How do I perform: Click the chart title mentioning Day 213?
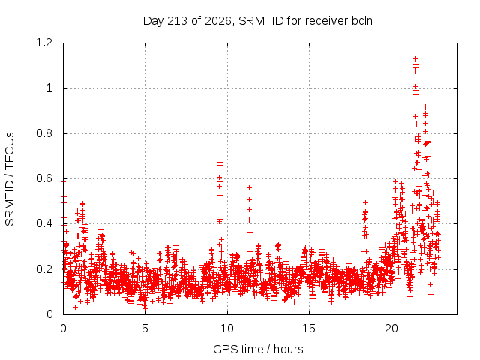[258, 21]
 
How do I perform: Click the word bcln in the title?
[361, 21]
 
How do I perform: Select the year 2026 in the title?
[217, 21]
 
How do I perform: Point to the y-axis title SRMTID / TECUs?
[10, 179]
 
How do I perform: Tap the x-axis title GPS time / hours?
[258, 349]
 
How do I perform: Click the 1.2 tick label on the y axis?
[44, 43]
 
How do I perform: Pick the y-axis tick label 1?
[49, 88]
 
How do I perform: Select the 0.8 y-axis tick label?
[44, 133]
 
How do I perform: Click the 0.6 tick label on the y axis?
[44, 178]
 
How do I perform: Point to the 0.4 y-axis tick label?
[44, 223]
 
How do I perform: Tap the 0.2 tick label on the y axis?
[44, 269]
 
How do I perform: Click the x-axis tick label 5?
[145, 328]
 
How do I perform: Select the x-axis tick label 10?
[226, 328]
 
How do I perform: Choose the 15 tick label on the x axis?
[309, 328]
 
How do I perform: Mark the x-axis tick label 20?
[391, 328]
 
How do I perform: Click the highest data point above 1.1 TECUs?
[415, 58]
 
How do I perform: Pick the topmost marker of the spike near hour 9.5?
[220, 162]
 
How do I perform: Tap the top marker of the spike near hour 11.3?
[250, 187]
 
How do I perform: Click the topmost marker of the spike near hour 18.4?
[365, 202]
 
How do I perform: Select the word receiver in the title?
[327, 21]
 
